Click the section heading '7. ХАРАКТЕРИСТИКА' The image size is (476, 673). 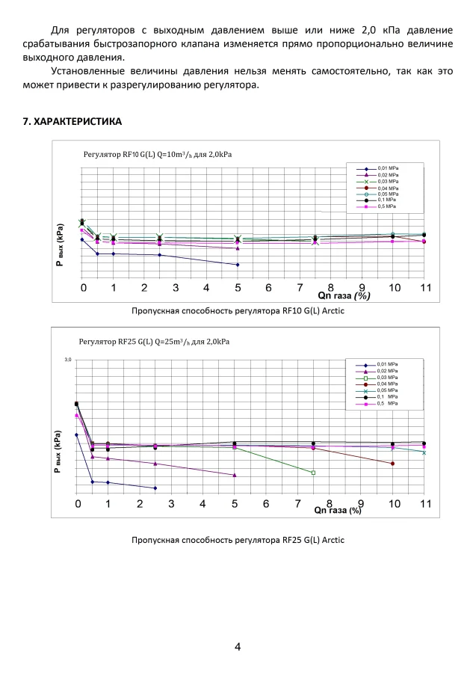click(72, 121)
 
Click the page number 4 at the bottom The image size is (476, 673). click(238, 647)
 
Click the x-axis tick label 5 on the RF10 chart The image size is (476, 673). click(238, 288)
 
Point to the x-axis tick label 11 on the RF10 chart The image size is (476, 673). click(424, 288)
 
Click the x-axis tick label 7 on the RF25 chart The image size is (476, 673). click(297, 505)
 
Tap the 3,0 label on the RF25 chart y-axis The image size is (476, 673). click(67, 360)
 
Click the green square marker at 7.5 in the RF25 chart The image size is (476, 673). click(313, 473)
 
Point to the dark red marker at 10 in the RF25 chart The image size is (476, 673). click(392, 464)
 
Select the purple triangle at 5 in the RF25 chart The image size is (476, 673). click(235, 475)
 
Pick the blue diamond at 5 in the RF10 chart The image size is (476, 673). click(238, 265)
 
